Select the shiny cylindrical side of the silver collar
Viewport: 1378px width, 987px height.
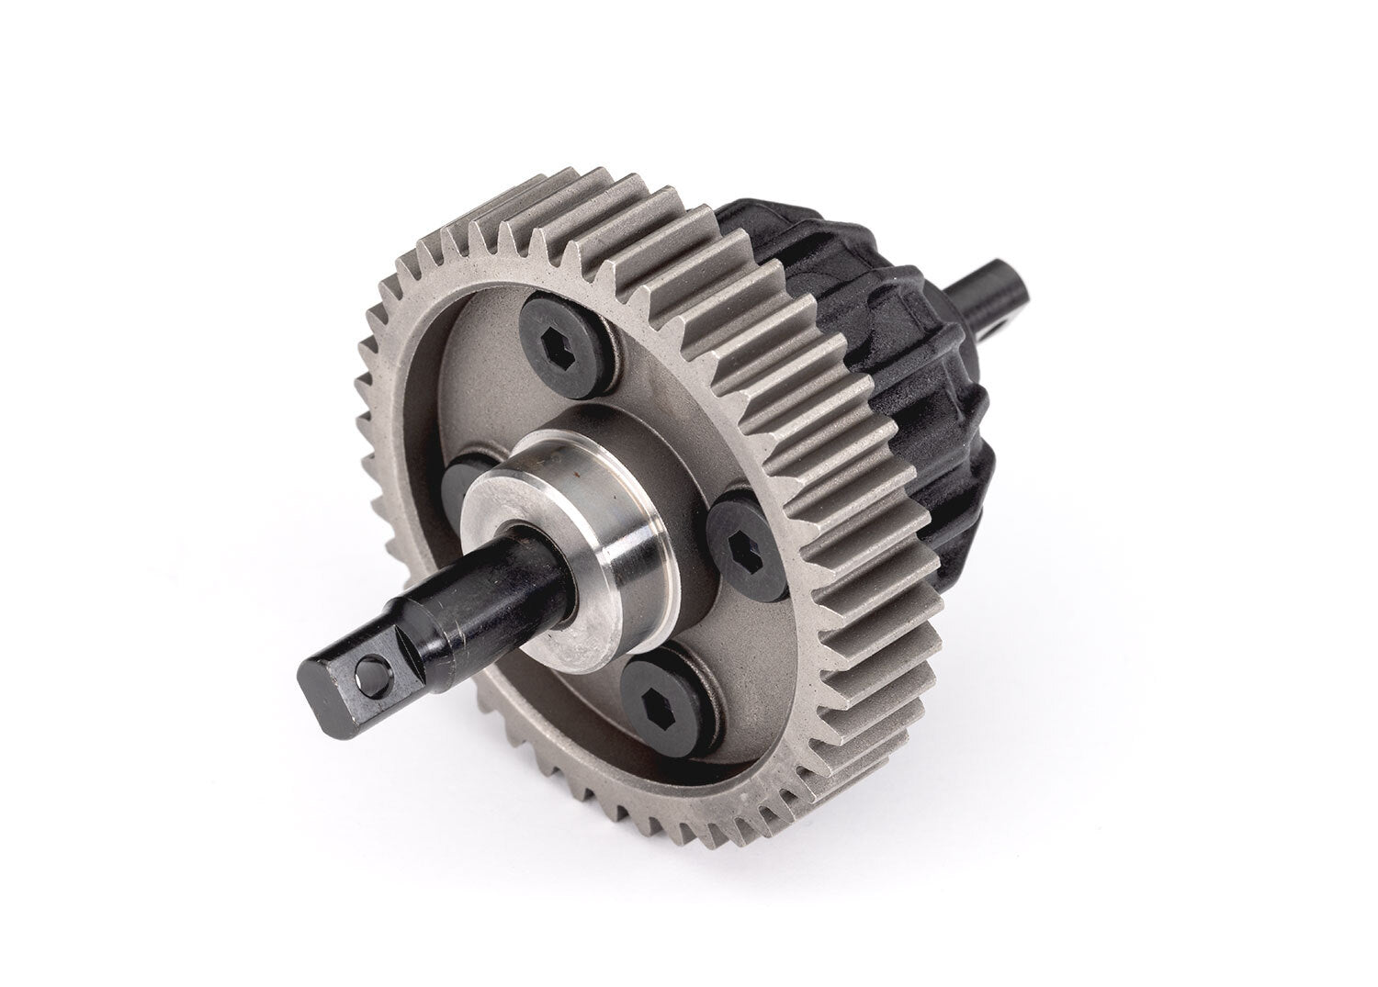[x=606, y=569]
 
